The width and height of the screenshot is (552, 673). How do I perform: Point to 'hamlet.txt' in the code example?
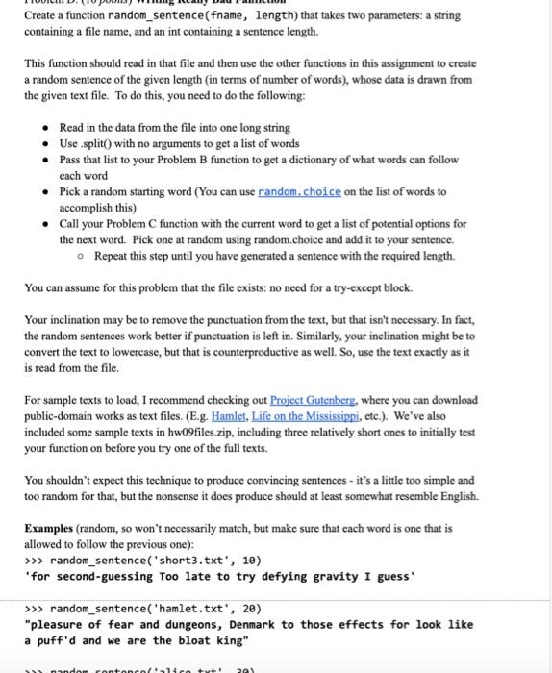click(182, 608)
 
